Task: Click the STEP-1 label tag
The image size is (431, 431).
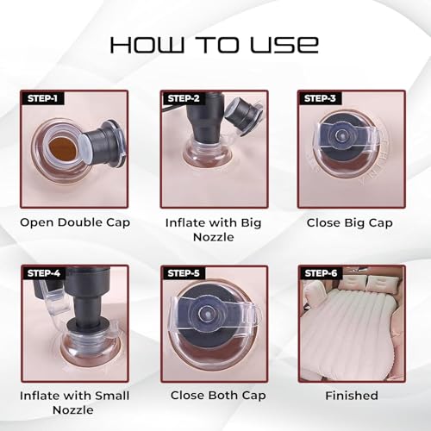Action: click(42, 98)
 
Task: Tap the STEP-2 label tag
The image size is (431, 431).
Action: click(184, 98)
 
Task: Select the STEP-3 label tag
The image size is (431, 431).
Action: click(320, 98)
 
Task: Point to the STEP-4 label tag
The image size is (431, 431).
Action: click(44, 273)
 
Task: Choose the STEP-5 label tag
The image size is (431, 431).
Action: click(184, 273)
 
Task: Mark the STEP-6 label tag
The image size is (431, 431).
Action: click(321, 273)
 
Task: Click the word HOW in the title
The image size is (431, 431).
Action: click(147, 45)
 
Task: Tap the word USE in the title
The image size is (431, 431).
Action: click(284, 45)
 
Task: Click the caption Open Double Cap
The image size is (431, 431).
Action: click(75, 223)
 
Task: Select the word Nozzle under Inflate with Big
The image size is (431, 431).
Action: click(214, 237)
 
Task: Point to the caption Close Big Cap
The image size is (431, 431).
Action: click(349, 223)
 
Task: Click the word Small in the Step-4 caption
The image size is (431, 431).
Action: click(112, 396)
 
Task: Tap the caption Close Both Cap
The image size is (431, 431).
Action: click(218, 396)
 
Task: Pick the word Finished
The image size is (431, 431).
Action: click(352, 396)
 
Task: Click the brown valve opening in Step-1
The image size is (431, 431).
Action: click(64, 148)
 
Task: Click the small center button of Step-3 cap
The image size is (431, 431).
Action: click(341, 134)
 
